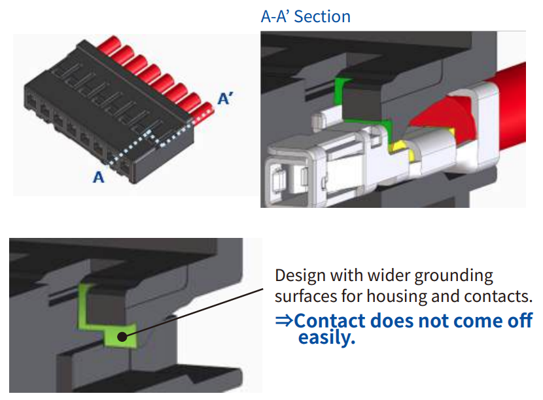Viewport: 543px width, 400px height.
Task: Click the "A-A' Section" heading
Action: point(306,16)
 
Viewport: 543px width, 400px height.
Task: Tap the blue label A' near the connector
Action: point(226,99)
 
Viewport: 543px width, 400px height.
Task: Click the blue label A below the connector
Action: point(98,176)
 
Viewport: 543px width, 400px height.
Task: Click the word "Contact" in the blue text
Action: point(330,321)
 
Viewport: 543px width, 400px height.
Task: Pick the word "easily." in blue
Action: point(326,338)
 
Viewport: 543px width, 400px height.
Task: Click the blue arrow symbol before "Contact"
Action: point(283,321)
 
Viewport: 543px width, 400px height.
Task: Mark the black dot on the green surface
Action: point(122,337)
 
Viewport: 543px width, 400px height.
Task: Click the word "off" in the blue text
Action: point(520,321)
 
